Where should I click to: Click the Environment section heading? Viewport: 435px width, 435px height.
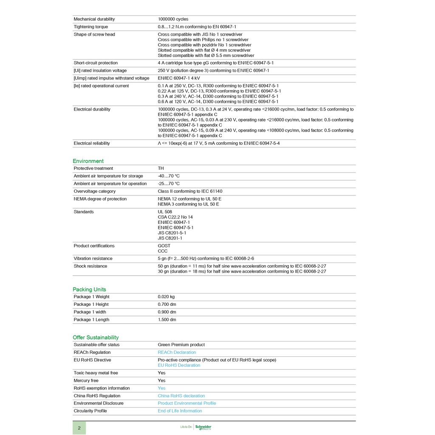coord(88,161)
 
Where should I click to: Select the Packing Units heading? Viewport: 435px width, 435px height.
coord(89,289)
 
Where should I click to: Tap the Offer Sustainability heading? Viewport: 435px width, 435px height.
coord(96,337)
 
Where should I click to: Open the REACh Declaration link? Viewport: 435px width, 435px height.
coord(177,352)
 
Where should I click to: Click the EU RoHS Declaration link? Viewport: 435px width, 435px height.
coord(179,365)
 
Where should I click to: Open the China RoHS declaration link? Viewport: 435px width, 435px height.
coord(181,396)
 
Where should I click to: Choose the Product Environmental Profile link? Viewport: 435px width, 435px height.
coord(186,403)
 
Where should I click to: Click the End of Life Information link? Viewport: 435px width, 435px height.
coord(180,411)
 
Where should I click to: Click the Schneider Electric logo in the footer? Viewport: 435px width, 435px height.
coord(203,427)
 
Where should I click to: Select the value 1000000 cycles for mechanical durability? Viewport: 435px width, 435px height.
coord(173,19)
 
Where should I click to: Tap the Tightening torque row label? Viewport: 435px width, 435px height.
coord(90,27)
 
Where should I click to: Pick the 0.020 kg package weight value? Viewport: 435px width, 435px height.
coord(166,297)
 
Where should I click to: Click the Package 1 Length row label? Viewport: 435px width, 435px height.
coord(91,319)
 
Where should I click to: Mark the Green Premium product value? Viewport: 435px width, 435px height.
coord(181,345)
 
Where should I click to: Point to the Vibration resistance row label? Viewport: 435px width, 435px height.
coord(93,258)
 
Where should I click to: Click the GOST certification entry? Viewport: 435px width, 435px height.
coord(164,246)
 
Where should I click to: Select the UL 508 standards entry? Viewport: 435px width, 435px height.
coord(165,212)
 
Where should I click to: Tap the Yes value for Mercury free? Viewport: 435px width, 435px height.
coord(161,381)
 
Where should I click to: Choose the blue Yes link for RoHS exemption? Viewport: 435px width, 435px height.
coord(161,388)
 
